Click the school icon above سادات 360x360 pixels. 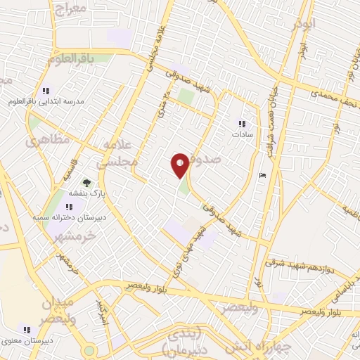pyautogui.click(x=242, y=124)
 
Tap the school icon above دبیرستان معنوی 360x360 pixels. pyautogui.click(x=27, y=329)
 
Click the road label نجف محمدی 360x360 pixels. pyautogui.click(x=336, y=98)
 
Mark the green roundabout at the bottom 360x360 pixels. pyautogui.click(x=89, y=350)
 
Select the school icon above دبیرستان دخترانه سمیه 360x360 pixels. pyautogui.click(x=70, y=207)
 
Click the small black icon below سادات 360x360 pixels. pyautogui.click(x=262, y=176)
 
